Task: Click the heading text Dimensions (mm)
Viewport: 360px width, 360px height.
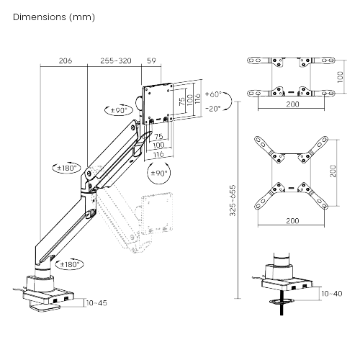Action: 54,17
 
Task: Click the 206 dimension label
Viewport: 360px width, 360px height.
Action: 66,60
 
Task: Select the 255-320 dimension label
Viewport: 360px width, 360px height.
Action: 116,60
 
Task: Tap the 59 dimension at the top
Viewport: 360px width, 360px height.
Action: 151,60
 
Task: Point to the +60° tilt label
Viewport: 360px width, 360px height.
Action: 213,94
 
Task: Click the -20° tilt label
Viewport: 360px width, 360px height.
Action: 213,109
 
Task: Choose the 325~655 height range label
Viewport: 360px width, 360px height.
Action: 233,200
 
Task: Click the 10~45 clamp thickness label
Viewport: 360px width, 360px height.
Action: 96,303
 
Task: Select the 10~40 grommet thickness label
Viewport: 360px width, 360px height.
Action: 332,294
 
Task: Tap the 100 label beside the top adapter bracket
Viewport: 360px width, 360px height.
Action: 341,77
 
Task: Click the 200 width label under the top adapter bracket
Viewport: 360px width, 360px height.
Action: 293,104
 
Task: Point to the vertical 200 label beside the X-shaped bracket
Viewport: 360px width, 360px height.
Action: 333,171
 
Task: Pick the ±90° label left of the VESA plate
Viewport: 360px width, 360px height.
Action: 119,110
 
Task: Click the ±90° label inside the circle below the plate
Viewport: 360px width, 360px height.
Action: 159,173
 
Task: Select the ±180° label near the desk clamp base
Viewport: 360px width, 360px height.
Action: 69,264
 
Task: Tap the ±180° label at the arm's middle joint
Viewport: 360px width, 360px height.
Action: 67,168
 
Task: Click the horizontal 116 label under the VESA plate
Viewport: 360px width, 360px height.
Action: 158,154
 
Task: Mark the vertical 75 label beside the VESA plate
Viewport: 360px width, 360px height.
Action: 182,101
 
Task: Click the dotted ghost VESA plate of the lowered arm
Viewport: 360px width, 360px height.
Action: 157,213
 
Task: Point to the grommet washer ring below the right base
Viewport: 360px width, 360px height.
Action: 282,300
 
